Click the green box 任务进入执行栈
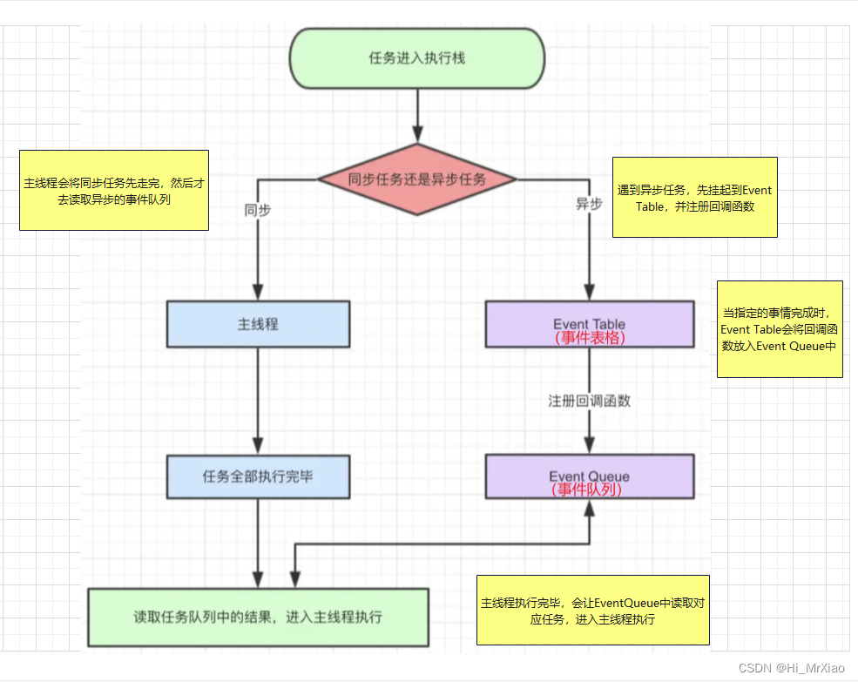coord(417,58)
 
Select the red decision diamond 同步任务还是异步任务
coord(417,179)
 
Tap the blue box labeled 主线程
coord(259,324)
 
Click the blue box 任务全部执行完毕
coord(259,476)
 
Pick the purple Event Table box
coord(590,324)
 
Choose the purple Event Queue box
coord(590,476)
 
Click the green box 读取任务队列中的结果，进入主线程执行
coord(259,618)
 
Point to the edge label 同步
coord(258,210)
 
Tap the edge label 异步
coord(590,204)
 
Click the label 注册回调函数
coord(590,402)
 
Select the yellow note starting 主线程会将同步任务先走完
coord(114,190)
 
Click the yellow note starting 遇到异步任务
coord(695,197)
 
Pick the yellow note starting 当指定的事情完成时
coord(780,329)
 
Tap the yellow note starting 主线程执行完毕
coord(593,611)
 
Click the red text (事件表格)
coord(590,338)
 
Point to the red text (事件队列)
coord(586,490)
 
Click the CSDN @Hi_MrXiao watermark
coord(791,668)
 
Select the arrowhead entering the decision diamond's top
coord(417,134)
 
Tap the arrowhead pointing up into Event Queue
coord(590,509)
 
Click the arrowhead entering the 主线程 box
coord(258,292)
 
